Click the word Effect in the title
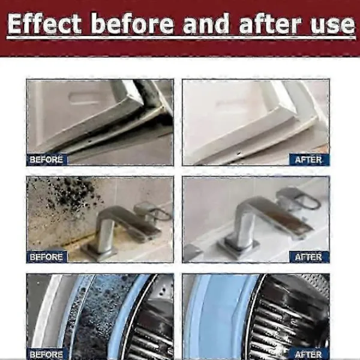(45, 23)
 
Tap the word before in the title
(132, 23)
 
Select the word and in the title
(206, 23)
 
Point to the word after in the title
(270, 23)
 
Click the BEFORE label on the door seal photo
(46, 160)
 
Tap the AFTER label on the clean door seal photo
(309, 160)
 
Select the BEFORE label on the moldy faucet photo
(46, 257)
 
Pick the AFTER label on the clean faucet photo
(309, 257)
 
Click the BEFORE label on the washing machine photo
(46, 354)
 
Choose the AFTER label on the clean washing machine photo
(309, 354)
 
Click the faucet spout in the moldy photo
(128, 220)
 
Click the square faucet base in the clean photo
(239, 247)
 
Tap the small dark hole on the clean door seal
(239, 152)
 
